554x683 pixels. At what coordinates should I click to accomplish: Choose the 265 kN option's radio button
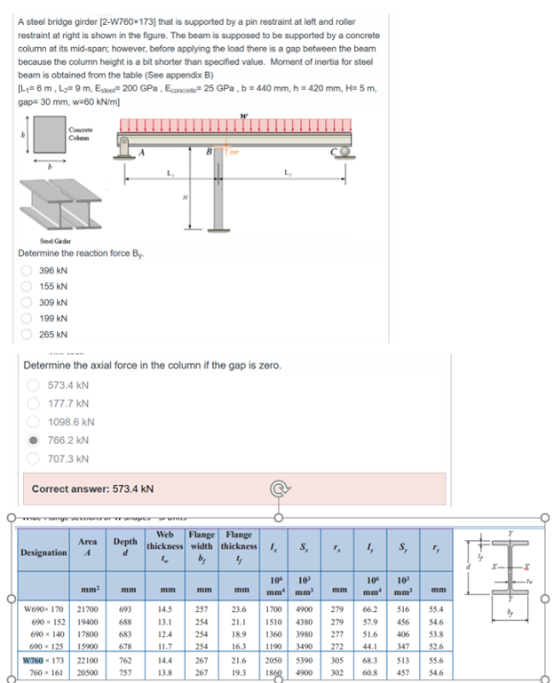coord(28,335)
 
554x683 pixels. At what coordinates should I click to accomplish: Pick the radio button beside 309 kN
coord(28,303)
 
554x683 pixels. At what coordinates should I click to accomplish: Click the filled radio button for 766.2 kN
coord(33,440)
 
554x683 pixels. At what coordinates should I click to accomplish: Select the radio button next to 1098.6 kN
coord(33,422)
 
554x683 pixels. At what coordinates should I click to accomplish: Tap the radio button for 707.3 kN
coord(33,458)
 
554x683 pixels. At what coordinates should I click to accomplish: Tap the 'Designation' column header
coord(44,552)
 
